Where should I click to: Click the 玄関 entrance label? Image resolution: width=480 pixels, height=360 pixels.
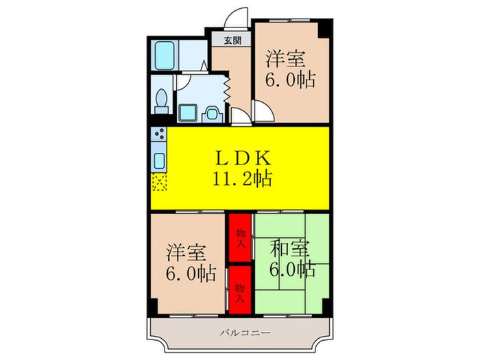232,40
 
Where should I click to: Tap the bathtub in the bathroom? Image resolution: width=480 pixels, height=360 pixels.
165,56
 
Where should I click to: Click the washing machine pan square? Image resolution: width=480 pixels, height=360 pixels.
188,112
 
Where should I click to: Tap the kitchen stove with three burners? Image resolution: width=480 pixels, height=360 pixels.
159,134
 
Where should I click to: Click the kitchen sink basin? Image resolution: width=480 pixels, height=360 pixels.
159,160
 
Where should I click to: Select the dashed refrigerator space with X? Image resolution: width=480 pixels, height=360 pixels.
159,182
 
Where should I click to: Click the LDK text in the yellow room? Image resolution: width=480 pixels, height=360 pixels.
243,158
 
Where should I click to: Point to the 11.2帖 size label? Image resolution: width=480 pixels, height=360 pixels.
242,178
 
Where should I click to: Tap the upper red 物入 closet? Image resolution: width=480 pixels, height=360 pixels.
240,238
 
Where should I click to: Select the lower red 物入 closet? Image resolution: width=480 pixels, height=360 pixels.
240,290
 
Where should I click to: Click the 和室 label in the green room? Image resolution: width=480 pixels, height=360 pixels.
289,249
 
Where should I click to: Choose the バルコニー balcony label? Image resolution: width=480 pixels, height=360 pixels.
245,333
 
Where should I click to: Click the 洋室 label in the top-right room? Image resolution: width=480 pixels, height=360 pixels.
285,59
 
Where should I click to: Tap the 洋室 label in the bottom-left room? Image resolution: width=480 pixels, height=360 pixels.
186,252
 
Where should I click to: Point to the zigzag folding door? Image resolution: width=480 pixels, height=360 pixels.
227,88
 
